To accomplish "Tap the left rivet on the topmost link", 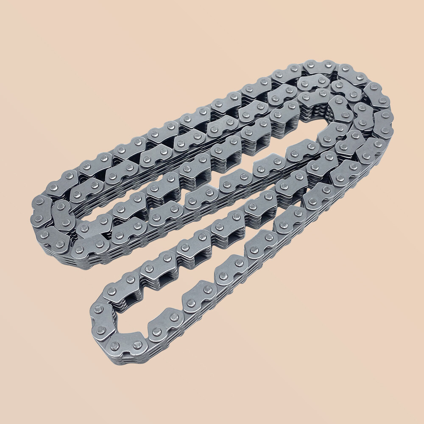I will (x=310, y=65).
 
